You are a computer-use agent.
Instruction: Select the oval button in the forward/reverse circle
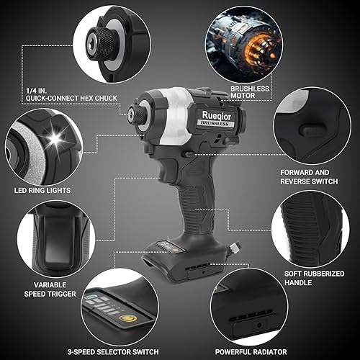(x=310, y=130)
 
